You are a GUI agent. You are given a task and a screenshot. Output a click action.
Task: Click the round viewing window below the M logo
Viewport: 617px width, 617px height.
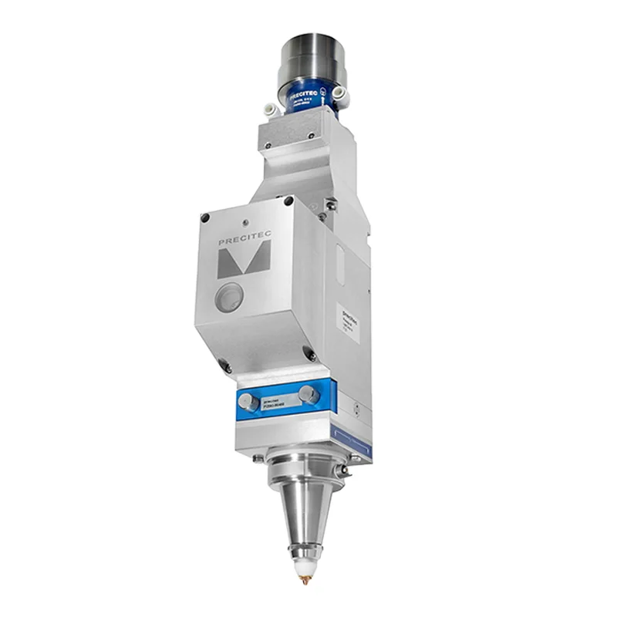(x=229, y=297)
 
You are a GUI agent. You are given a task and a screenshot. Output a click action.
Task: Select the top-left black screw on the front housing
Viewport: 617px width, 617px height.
(x=204, y=218)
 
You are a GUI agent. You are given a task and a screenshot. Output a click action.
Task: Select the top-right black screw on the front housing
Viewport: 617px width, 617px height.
(x=292, y=201)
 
